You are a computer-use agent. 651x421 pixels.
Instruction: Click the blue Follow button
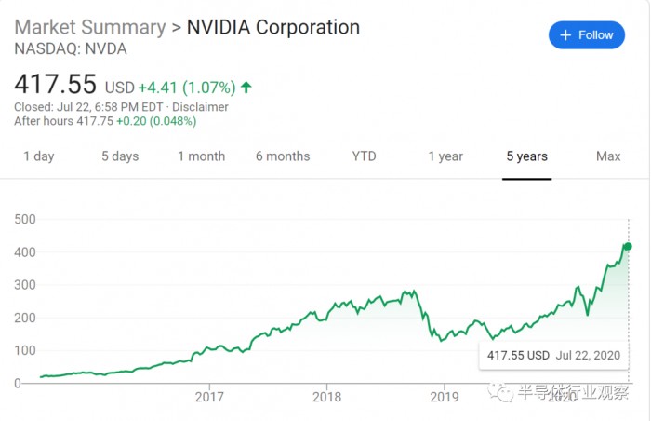[x=586, y=35]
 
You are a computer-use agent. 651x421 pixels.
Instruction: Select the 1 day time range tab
[x=39, y=156]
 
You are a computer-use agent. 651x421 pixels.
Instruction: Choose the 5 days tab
[x=120, y=156]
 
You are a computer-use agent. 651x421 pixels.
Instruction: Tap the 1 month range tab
[x=201, y=156]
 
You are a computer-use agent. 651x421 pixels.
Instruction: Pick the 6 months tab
[x=283, y=156]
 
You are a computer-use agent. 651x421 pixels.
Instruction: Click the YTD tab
[x=364, y=156]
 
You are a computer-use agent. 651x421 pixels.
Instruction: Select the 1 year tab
[x=445, y=156]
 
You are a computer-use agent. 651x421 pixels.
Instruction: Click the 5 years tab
[x=526, y=156]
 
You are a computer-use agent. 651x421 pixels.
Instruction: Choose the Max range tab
[x=608, y=156]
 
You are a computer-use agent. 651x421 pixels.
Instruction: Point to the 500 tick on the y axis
[x=24, y=219]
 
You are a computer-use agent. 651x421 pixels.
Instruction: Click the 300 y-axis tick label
[x=24, y=285]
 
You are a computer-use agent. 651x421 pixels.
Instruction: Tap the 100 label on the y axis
[x=24, y=350]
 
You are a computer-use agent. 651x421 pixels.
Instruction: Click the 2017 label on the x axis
[x=210, y=395]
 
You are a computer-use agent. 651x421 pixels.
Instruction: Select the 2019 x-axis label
[x=445, y=395]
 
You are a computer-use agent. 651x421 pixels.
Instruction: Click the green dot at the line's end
[x=629, y=246]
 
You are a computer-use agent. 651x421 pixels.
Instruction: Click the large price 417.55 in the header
[x=56, y=85]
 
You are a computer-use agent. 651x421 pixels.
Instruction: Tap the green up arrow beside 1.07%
[x=246, y=88]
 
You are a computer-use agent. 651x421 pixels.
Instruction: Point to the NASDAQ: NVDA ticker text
[x=71, y=48]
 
